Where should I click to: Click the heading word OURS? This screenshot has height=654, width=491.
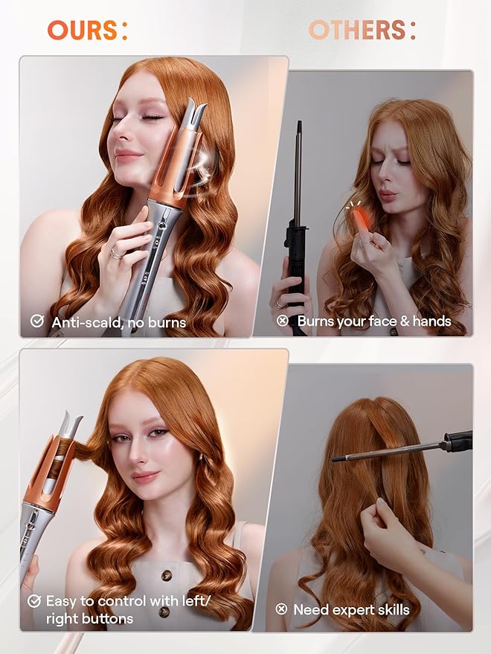[x=80, y=30]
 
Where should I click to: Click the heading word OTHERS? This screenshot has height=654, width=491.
[x=357, y=30]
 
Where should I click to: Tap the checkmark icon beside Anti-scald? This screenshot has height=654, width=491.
[x=36, y=321]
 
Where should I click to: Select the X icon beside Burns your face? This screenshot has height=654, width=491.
[x=282, y=321]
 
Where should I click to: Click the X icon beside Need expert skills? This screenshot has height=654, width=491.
[x=281, y=609]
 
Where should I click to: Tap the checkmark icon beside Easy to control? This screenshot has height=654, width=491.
[x=33, y=600]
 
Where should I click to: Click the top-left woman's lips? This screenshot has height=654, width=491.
[x=128, y=156]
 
